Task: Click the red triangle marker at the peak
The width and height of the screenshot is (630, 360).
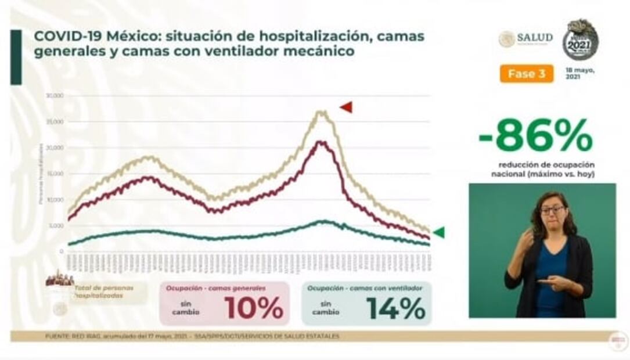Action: pos(347,107)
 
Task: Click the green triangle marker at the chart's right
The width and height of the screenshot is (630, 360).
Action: pos(439,232)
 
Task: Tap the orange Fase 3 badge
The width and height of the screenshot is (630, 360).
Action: pos(526,74)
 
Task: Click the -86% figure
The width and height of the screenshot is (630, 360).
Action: pos(535,137)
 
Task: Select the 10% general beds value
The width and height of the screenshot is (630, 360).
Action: pos(254,308)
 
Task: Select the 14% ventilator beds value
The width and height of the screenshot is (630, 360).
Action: pos(396,308)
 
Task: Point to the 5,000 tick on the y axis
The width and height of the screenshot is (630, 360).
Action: pos(56,226)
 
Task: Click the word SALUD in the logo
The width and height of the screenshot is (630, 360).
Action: pos(534,38)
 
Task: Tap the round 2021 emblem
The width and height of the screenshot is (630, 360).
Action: pos(579,40)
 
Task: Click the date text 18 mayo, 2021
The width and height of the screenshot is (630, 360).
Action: pos(580,73)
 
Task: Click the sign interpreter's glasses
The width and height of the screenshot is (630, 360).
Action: pos(552,210)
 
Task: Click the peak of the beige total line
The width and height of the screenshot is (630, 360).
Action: pos(321,111)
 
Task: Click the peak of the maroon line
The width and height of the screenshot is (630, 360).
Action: pos(321,142)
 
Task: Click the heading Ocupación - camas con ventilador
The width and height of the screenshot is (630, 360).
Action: pos(365,288)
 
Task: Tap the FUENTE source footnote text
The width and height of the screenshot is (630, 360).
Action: pos(192,336)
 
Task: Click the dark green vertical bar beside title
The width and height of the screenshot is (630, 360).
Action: pos(16,57)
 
